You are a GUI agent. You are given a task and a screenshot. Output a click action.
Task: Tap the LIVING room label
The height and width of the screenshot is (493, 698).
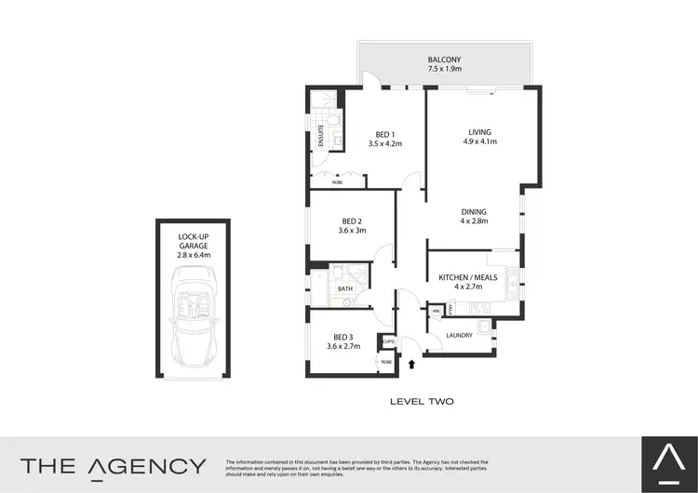pos(480,132)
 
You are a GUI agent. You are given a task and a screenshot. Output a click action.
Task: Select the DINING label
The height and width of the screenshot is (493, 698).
pos(473,212)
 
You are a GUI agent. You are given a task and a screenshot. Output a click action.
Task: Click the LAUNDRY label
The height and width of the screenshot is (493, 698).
pos(460,335)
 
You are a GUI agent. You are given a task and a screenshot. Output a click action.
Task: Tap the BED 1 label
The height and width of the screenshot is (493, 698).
pos(384,134)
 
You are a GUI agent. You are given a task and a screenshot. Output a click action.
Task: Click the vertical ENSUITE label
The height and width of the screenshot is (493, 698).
pos(321,136)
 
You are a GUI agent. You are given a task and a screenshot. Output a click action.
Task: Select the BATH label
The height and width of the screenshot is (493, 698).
pos(344,289)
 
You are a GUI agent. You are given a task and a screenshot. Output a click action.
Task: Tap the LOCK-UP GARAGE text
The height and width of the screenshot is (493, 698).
pos(195,244)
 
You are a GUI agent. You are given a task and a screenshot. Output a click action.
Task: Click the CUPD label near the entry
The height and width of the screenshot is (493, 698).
pos(388,342)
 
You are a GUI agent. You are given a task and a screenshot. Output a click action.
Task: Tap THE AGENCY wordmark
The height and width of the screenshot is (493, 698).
pos(114,466)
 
